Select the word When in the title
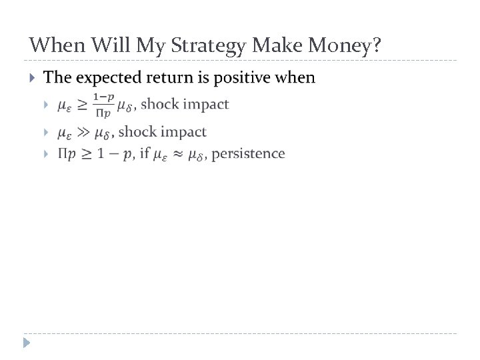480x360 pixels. point(55,45)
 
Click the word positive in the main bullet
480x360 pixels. point(239,78)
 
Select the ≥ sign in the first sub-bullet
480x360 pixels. point(82,105)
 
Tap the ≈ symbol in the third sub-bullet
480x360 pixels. point(178,155)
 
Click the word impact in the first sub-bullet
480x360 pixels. point(205,104)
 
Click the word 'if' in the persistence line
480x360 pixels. point(143,154)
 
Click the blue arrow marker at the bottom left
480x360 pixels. point(26,344)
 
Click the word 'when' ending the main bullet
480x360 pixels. point(294,78)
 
